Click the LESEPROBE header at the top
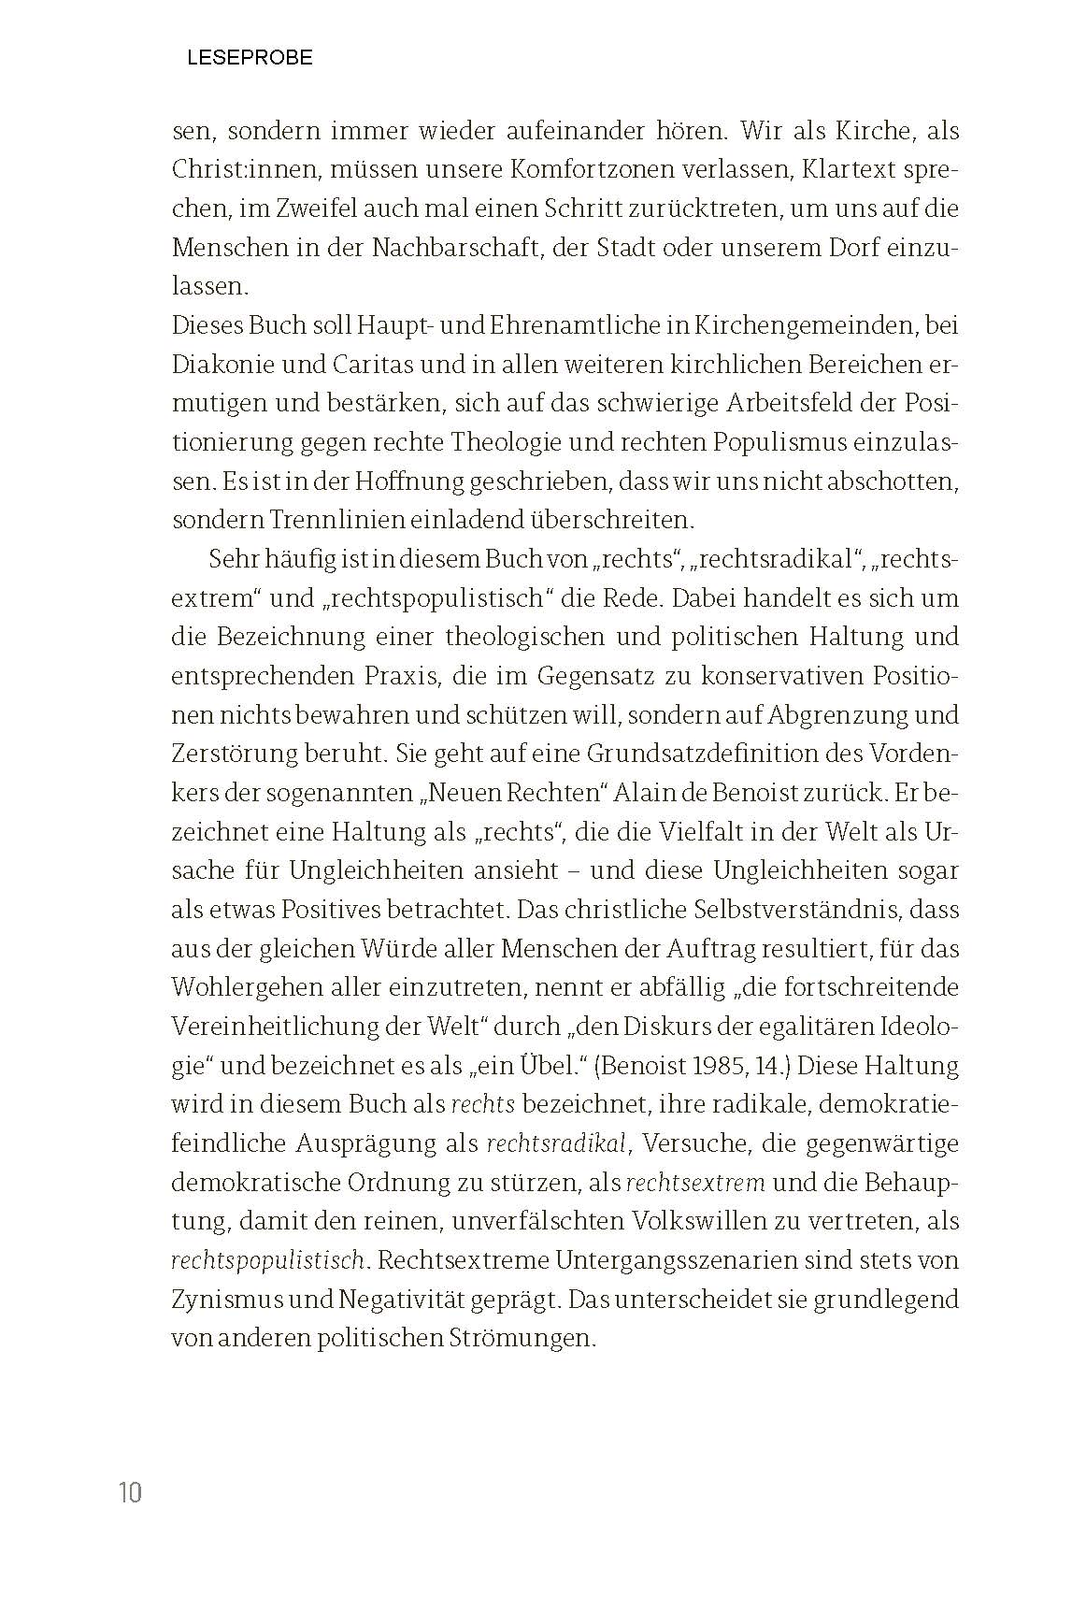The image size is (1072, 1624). (250, 58)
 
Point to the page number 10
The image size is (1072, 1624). (130, 1492)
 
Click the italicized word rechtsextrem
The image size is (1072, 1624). (695, 1183)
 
